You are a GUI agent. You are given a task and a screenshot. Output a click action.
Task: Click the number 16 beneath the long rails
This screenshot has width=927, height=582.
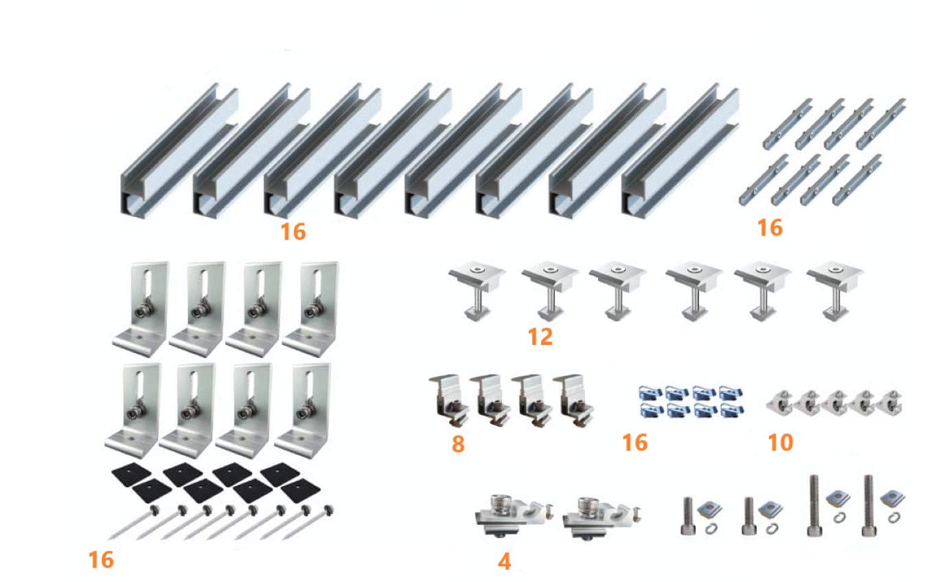pos(293,232)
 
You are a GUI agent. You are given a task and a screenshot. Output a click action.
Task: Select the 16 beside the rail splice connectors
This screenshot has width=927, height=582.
pos(770,227)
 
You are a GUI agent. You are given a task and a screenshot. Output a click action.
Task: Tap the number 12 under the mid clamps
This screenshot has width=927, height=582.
pos(540,337)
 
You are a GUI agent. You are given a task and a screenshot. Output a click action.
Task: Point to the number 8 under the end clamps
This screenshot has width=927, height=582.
pos(457,444)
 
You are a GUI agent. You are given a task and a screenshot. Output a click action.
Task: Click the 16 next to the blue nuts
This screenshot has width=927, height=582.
pos(634,443)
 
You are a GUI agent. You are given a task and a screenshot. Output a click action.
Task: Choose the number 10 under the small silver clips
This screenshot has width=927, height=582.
pos(780,443)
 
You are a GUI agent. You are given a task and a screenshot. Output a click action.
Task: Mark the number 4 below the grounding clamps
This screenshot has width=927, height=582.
pos(504,561)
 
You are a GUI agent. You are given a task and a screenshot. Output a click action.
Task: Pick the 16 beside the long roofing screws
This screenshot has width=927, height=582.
pos(101,560)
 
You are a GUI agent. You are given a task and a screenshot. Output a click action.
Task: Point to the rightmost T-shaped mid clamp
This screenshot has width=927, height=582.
pos(835,289)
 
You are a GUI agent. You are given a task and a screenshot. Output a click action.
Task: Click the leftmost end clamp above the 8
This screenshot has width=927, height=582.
pos(449,399)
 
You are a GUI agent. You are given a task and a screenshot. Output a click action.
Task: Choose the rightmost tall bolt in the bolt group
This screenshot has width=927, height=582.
pos(867,505)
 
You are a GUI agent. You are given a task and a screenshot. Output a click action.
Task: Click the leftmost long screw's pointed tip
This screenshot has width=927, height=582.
pos(112,536)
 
